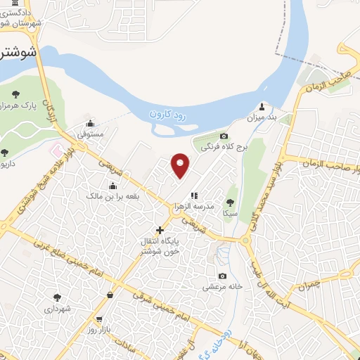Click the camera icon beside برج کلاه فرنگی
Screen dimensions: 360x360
click(x=224, y=136)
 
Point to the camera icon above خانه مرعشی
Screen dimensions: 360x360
click(x=223, y=276)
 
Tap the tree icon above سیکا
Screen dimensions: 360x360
click(x=229, y=202)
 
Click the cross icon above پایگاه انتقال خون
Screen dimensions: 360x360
click(x=160, y=230)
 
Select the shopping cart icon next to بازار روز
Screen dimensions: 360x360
click(x=109, y=295)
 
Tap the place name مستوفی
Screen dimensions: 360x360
click(x=90, y=132)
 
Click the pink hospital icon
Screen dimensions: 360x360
click(x=56, y=150)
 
